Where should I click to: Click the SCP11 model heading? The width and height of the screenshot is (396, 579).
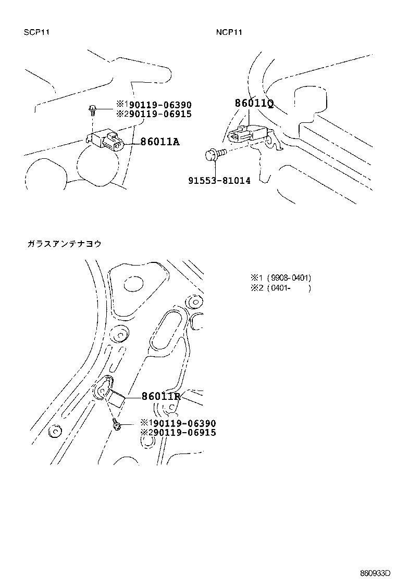(x=36, y=32)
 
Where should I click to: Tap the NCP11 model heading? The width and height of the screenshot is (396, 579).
(x=229, y=32)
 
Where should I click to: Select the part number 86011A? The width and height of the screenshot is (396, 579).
(x=159, y=142)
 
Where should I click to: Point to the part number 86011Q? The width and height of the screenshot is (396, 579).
(x=254, y=104)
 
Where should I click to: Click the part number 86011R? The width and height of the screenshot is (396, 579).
(x=161, y=396)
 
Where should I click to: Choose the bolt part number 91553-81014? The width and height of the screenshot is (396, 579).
(x=219, y=181)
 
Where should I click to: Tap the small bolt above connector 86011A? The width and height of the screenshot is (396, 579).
(x=92, y=109)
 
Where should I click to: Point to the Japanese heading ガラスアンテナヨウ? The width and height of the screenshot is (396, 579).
(x=64, y=244)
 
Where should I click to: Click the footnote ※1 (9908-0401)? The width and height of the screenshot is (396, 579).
(x=281, y=278)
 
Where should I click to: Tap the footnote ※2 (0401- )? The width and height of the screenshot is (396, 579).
(x=281, y=288)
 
